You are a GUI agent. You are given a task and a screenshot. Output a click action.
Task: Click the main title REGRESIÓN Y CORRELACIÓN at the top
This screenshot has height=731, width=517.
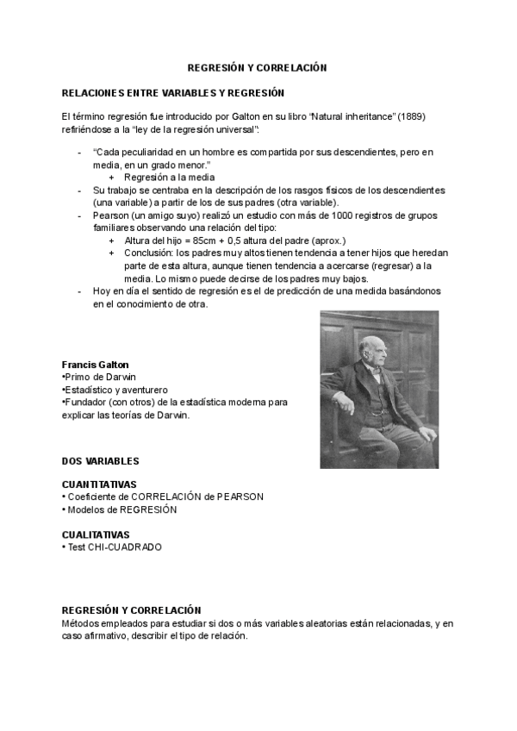pos(258,67)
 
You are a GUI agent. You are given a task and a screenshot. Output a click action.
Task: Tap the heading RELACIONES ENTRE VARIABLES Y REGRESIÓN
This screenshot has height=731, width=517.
pos(173,92)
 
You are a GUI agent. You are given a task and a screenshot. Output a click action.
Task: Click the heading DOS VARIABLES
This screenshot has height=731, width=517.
pos(100,461)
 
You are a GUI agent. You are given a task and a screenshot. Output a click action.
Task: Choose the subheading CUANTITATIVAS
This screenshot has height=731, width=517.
pos(99,484)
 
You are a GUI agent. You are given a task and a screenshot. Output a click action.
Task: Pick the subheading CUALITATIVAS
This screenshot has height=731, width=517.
pos(96,534)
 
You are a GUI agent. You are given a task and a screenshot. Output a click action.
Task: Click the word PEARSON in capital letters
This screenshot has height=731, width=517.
pos(240,497)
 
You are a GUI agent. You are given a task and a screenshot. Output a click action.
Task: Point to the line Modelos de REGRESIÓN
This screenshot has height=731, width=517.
pos(121,509)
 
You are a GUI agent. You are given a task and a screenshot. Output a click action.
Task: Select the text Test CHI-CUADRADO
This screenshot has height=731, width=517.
pos(114,547)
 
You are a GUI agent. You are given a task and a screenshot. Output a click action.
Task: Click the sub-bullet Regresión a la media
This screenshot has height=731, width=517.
pos(169,178)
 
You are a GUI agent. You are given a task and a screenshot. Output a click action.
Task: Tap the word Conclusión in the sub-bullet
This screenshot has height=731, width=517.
pos(148,253)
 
